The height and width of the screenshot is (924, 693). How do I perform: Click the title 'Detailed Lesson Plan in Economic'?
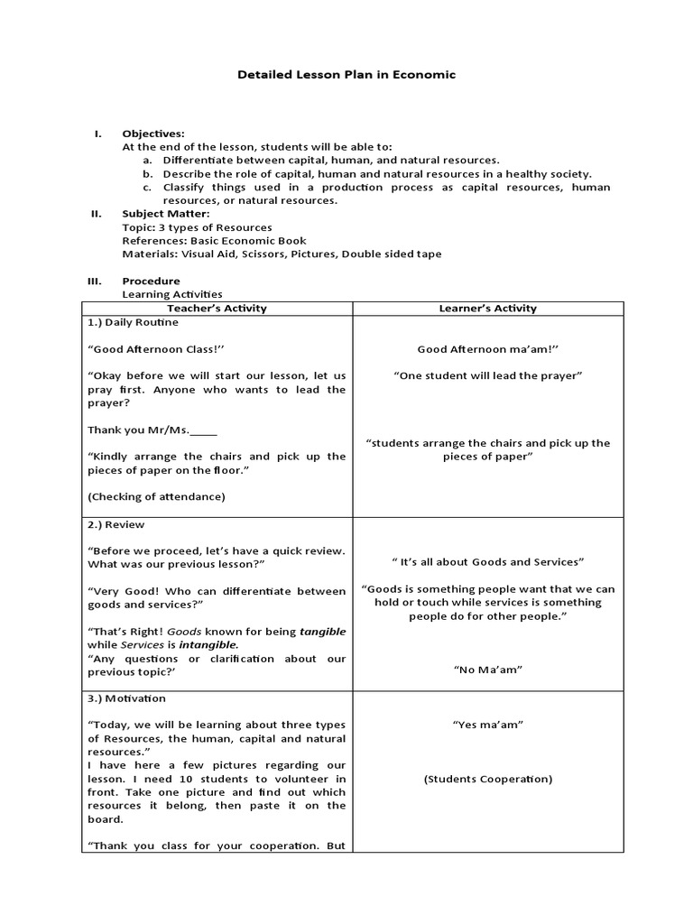[x=346, y=75]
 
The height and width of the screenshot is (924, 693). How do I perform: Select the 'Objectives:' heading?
[x=153, y=134]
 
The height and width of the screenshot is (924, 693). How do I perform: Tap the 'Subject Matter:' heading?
[x=166, y=214]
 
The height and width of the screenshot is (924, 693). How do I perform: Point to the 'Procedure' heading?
[x=151, y=281]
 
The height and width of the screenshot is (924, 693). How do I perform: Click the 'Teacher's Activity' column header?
[x=217, y=309]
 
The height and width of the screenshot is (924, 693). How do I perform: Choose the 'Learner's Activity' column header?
[x=487, y=309]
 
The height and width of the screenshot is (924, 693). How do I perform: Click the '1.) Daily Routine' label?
[x=133, y=322]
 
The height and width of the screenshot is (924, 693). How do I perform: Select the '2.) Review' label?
[x=116, y=524]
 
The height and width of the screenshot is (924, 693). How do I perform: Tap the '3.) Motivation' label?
[x=127, y=698]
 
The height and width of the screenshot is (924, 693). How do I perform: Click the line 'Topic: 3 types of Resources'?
[x=197, y=227]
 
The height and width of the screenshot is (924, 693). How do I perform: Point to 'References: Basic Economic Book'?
[x=214, y=241]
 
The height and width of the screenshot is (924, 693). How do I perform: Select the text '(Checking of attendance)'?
[x=156, y=496]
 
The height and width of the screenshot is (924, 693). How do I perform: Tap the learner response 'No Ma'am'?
[x=487, y=670]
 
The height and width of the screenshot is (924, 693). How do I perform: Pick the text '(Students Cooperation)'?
[x=487, y=779]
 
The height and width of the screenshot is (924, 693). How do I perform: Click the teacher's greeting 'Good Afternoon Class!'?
[x=155, y=349]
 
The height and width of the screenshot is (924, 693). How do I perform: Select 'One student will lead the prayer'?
[x=487, y=375]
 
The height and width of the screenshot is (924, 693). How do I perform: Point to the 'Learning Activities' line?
[x=172, y=294]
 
